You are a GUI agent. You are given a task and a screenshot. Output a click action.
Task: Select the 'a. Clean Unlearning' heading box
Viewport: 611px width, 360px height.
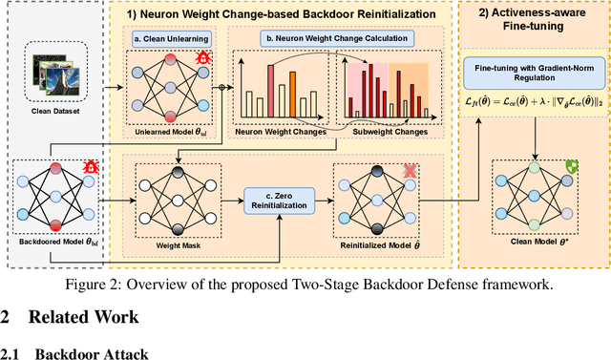click(x=170, y=39)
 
